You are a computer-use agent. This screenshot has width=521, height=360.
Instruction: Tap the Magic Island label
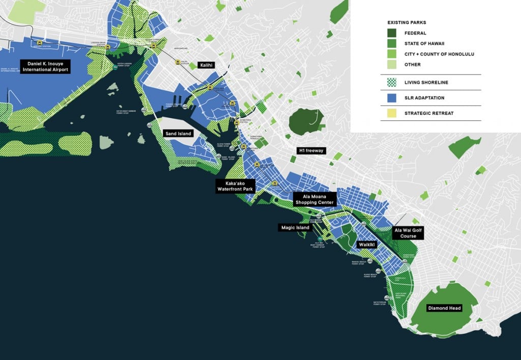[x=296, y=227]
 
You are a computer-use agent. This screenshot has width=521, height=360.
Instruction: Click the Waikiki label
[x=366, y=244]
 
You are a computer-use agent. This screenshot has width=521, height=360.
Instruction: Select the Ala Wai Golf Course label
[x=408, y=233]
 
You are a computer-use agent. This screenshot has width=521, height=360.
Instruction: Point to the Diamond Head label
[x=444, y=308]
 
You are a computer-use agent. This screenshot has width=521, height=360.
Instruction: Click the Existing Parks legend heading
[x=407, y=23]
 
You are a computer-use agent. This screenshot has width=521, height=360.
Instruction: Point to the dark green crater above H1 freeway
[x=306, y=121]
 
